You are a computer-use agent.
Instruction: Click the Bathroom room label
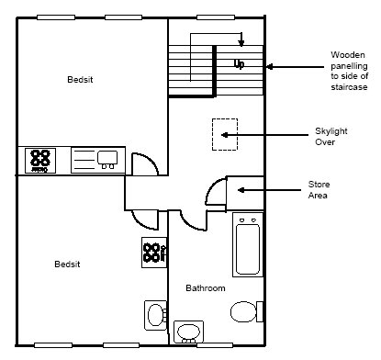coord(206,288)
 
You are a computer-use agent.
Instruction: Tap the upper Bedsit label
coord(80,80)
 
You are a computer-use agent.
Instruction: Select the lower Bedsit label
coord(67,264)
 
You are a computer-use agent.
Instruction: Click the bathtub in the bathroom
coord(248,245)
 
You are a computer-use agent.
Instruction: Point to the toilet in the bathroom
coord(246,311)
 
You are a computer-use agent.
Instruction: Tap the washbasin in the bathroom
coord(188,332)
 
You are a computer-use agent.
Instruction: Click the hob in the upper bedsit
coord(40,161)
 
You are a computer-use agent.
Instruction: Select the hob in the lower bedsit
coord(154,253)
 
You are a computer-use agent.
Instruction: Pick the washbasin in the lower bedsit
coord(155,315)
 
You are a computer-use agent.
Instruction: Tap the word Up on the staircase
coord(239,64)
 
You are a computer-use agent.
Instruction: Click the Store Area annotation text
coord(319,190)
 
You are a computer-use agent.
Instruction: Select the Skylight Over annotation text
coord(331,137)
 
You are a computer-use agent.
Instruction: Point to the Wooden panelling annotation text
coord(349,71)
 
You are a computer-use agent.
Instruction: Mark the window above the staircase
coord(216,17)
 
